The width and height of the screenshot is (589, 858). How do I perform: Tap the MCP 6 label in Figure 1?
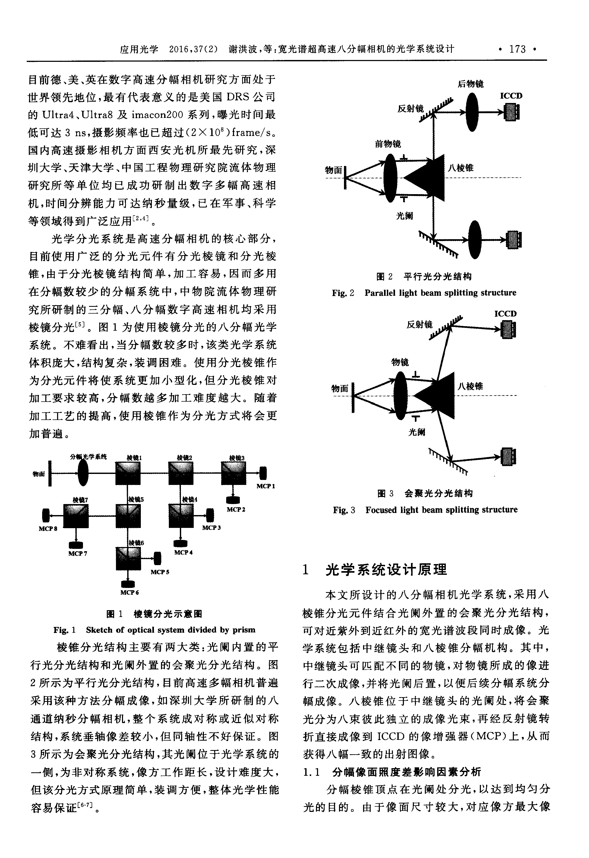130,592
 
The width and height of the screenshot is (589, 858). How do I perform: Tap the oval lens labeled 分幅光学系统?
83,473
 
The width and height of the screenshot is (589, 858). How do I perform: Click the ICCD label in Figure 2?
511,96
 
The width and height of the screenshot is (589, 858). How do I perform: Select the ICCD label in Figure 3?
505,314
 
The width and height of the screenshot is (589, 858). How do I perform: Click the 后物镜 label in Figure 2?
470,84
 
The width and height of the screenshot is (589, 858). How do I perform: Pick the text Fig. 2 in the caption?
343,293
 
